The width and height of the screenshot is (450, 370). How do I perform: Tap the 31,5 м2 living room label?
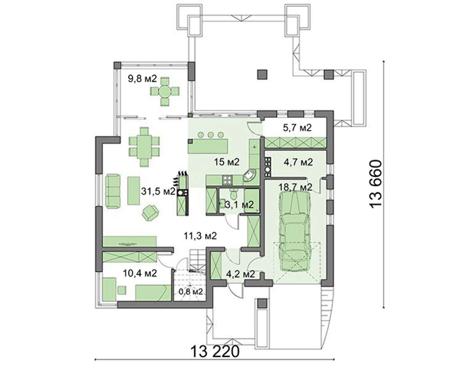click(158, 191)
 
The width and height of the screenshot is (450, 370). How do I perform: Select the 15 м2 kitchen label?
click(226, 162)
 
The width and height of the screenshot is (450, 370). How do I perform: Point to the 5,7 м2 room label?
click(297, 127)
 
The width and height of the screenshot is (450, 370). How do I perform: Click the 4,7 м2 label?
click(298, 162)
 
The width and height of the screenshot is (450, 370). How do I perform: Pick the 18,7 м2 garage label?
click(295, 187)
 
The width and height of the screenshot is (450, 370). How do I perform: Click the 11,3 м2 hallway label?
click(200, 236)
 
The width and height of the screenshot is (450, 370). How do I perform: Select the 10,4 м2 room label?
click(140, 273)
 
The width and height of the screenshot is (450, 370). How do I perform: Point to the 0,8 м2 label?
click(191, 292)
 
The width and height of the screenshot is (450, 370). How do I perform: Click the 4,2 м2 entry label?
click(240, 274)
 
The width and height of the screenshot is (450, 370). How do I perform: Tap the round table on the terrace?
click(165, 91)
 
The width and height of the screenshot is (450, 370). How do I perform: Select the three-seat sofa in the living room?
click(112, 190)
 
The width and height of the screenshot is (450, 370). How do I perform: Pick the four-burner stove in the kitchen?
click(227, 180)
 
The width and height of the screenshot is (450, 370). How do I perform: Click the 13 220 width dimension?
click(215, 352)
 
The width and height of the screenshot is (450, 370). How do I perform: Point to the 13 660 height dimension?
click(376, 184)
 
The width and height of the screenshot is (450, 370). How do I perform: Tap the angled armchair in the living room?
click(150, 213)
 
